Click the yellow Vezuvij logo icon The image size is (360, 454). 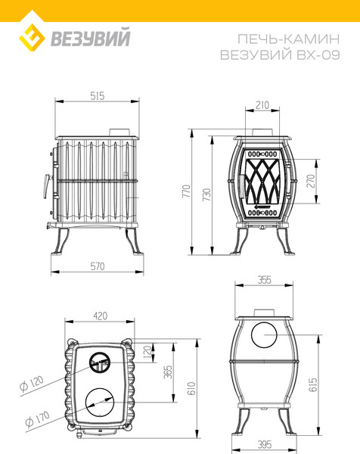32,35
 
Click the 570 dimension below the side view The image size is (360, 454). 95,266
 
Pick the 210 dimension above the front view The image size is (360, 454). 262,106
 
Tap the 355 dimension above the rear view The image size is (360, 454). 264,280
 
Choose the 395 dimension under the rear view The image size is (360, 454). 264,442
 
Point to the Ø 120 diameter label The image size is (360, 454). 30,382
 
